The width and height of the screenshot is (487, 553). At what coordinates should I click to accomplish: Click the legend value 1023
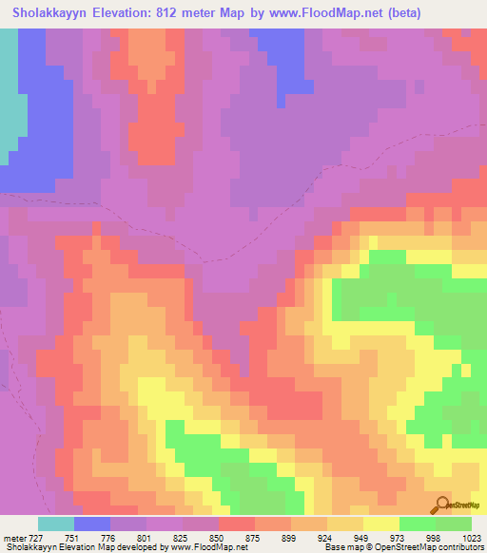coord(473,538)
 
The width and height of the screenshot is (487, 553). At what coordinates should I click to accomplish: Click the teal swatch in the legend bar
coord(56,524)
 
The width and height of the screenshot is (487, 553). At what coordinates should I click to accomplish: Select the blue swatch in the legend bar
coord(92,524)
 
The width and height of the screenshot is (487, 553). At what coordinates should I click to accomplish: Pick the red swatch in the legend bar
coord(237,524)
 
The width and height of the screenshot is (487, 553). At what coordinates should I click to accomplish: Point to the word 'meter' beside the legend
coord(12,538)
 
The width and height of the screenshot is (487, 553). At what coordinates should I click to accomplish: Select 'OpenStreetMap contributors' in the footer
coord(437,548)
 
